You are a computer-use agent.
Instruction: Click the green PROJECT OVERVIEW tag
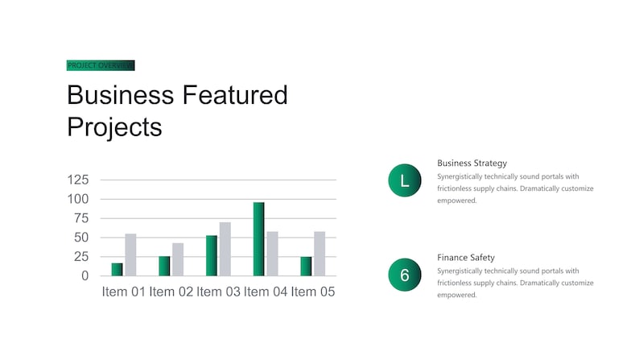click(x=101, y=65)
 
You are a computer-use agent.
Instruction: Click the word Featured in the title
click(x=235, y=95)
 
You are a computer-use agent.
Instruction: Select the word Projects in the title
click(x=114, y=127)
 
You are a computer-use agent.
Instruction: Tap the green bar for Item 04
click(x=259, y=239)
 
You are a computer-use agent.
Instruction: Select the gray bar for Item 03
click(x=225, y=249)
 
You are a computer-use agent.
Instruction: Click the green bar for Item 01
click(x=117, y=270)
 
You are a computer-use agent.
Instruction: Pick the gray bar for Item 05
click(x=319, y=254)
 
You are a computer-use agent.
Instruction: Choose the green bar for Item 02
click(x=164, y=266)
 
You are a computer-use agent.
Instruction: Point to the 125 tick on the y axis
click(x=78, y=180)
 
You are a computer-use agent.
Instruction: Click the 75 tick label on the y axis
click(x=81, y=218)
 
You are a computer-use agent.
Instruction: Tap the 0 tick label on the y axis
click(x=85, y=276)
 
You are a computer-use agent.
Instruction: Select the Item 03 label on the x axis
click(x=218, y=292)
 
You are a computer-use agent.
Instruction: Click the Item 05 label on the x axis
click(x=313, y=292)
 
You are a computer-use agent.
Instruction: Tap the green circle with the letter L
click(x=405, y=180)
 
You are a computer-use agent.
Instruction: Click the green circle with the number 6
click(x=405, y=275)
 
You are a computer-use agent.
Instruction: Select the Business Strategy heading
click(x=472, y=163)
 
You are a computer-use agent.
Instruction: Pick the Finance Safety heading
click(x=466, y=258)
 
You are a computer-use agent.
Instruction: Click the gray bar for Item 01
click(x=130, y=254)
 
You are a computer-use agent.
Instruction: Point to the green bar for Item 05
click(x=306, y=267)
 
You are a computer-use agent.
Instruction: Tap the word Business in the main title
click(x=121, y=95)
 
